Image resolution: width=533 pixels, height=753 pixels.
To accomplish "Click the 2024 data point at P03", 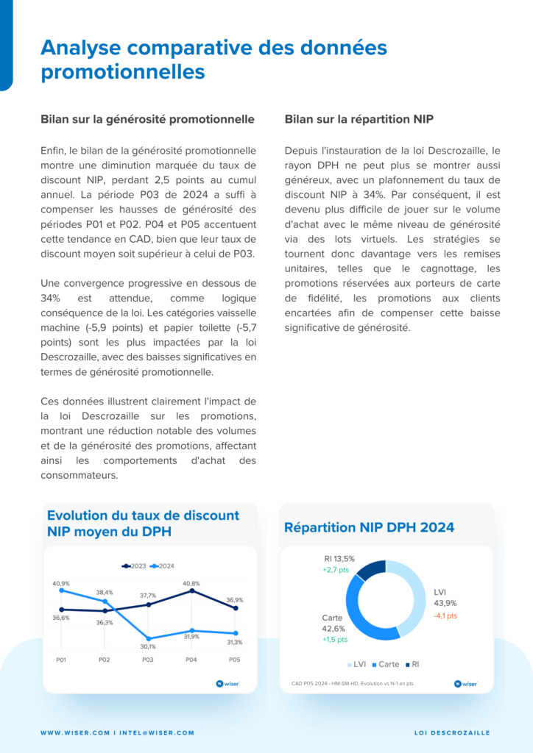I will (149, 638).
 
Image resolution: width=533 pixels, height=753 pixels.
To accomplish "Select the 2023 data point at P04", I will (191, 590).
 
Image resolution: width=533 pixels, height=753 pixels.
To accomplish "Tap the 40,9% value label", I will (61, 583).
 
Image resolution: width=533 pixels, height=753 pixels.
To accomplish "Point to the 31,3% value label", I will (235, 642).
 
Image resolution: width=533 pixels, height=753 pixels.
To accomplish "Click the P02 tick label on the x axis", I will (105, 660).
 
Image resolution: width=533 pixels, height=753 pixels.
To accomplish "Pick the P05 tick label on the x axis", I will (235, 660).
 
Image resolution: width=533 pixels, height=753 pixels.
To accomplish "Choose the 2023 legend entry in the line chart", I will (134, 566).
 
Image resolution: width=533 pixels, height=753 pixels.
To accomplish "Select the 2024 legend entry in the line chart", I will (163, 566).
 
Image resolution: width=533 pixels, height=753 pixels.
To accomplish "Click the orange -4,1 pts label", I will (445, 615).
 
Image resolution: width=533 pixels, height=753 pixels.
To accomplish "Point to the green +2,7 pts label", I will (336, 570).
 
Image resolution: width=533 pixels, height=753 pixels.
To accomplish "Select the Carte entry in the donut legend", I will (385, 664).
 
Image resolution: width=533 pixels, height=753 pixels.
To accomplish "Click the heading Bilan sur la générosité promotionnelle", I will (147, 118).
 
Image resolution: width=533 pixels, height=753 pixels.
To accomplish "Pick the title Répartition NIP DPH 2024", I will (369, 527).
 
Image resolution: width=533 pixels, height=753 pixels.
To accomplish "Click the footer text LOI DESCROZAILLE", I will (452, 732).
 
